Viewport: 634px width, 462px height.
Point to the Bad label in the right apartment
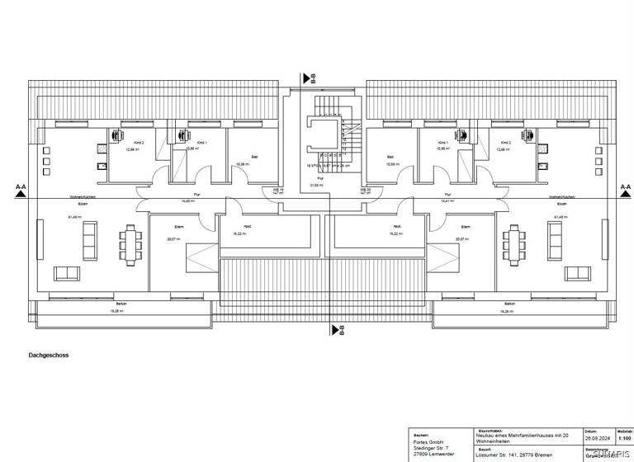tap(392, 155)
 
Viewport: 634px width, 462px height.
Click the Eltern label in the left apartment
tap(177, 226)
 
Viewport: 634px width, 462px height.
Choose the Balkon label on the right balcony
tap(510, 304)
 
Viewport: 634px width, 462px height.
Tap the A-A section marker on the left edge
tap(21, 189)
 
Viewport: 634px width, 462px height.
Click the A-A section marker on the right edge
tap(625, 189)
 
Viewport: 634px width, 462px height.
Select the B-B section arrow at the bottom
tap(336, 331)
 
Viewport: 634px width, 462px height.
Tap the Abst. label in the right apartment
tap(397, 226)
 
